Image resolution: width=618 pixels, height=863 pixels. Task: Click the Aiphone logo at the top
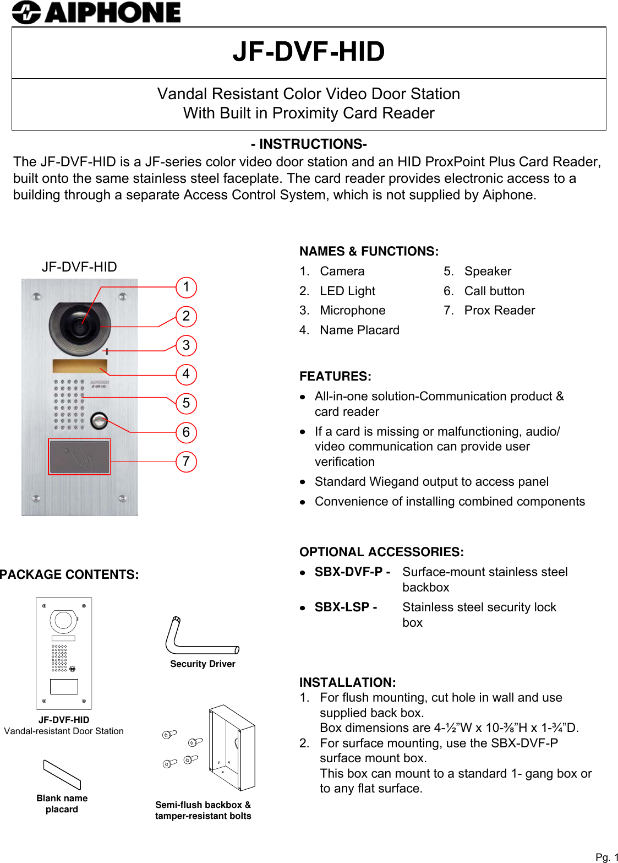[97, 13]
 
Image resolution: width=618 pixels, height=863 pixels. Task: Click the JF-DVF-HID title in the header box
[309, 52]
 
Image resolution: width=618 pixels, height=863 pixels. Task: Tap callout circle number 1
[186, 287]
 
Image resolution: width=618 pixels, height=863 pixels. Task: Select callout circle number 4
[186, 374]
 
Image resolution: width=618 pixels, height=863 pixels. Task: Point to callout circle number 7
[186, 461]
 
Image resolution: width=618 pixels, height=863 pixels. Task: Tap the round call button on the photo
[99, 421]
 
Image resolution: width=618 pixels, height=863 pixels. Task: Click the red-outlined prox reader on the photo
[79, 457]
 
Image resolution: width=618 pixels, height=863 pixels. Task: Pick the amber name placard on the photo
[80, 366]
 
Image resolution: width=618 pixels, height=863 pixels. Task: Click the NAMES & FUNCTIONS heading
[369, 252]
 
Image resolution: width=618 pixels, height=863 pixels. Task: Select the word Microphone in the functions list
[352, 311]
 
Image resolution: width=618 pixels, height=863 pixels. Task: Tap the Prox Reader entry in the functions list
[499, 311]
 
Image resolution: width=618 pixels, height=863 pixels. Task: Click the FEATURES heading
[335, 377]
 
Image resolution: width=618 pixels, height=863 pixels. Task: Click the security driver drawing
[201, 639]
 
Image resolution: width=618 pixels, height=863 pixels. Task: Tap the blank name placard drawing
[62, 774]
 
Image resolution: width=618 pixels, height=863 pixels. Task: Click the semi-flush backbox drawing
[232, 748]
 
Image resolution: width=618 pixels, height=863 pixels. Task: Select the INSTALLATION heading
[347, 683]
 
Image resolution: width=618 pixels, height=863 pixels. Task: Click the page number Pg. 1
[606, 857]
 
